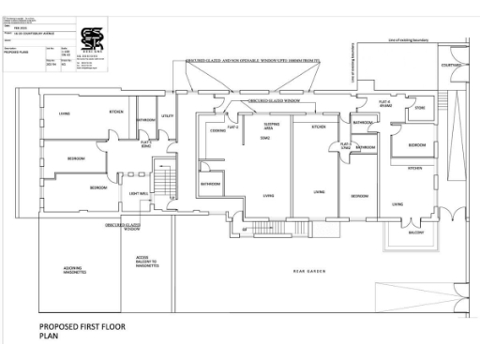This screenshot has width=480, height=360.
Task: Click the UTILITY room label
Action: coord(168,116)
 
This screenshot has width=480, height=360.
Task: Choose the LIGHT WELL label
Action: coord(140,194)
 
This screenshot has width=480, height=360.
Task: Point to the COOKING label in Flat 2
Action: coord(217,130)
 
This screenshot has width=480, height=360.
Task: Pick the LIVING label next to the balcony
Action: coord(397,203)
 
